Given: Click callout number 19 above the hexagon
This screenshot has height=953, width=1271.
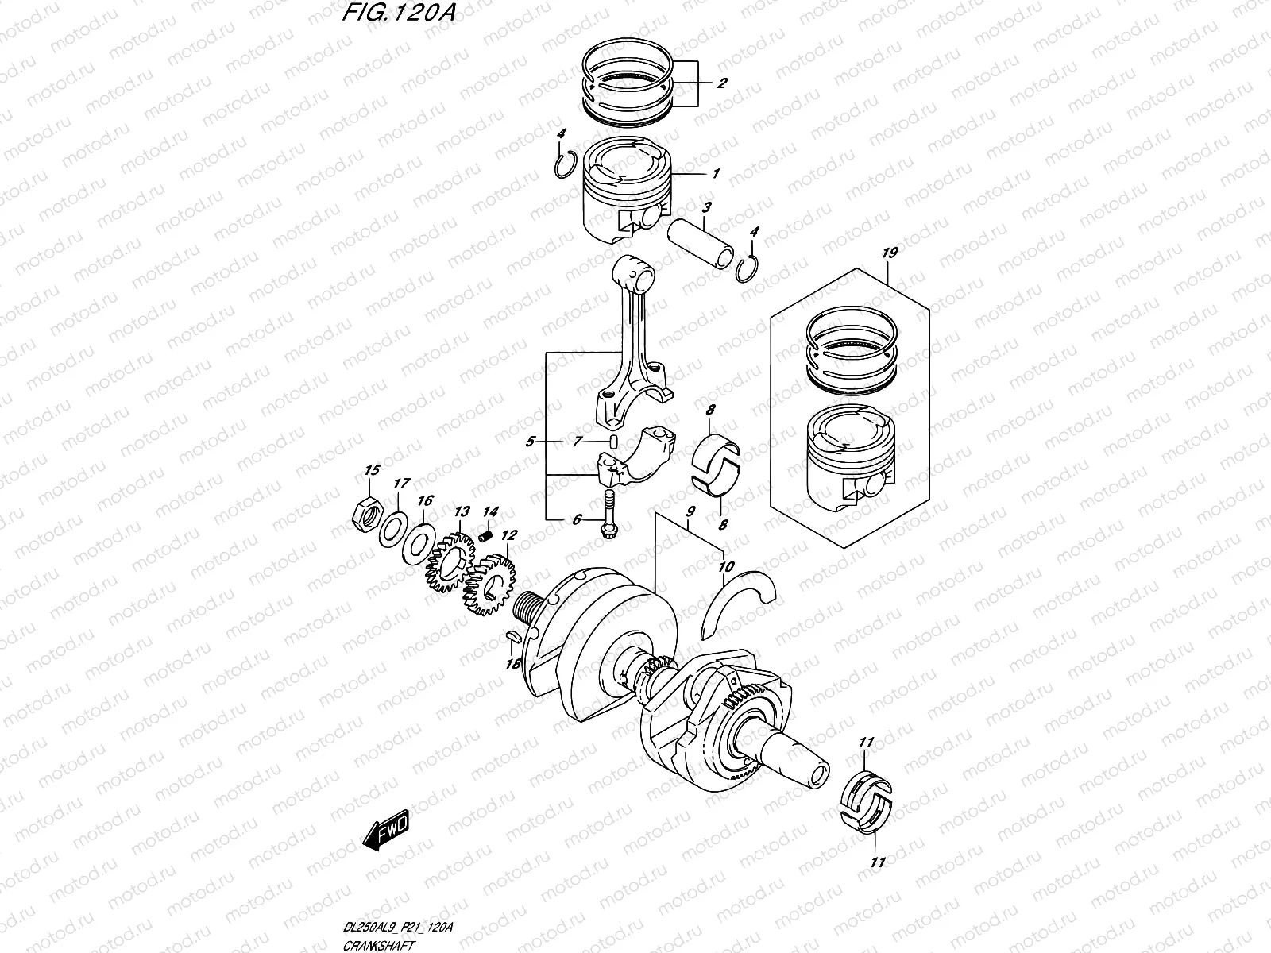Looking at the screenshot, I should (x=889, y=253).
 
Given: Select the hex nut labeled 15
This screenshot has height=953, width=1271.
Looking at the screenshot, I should (x=368, y=515).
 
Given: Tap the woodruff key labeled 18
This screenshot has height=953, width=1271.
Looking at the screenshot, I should (x=512, y=635).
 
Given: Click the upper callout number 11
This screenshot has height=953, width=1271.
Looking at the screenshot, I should (x=866, y=742).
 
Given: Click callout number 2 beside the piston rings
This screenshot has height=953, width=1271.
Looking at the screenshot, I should (x=722, y=83).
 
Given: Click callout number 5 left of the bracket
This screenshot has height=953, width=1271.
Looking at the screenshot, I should (x=531, y=441).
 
